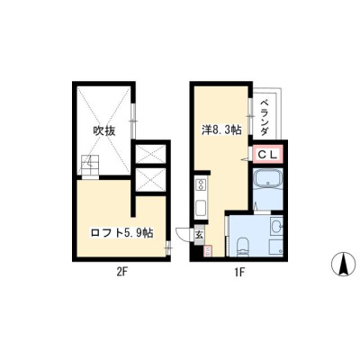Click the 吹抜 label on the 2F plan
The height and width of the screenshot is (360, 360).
tap(103, 130)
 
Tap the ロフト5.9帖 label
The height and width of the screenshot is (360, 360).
tap(121, 232)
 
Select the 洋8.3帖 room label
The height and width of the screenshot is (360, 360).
tap(221, 130)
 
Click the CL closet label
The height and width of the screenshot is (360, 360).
tap(267, 155)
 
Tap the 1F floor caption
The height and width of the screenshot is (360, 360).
tap(240, 272)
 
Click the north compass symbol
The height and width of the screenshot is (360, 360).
tap(343, 264)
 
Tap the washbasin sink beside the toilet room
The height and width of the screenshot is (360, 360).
tap(276, 226)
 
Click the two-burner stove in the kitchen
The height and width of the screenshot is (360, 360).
tap(200, 184)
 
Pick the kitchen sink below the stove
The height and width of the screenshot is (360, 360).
tap(201, 208)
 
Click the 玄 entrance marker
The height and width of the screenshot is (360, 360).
tap(199, 235)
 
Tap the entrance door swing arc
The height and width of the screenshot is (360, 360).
tap(182, 234)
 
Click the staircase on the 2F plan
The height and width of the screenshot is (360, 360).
tap(89, 166)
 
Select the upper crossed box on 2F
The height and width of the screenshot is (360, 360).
tap(150, 154)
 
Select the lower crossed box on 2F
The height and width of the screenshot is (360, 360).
tap(150, 179)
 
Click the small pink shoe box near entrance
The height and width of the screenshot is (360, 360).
tap(209, 251)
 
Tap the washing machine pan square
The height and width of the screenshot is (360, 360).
tap(276, 247)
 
